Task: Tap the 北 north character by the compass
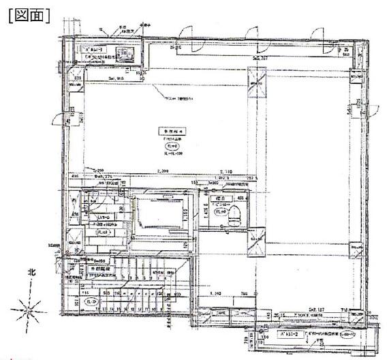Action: pos(30,272)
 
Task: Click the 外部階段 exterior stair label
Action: pos(100,270)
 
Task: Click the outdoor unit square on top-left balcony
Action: pos(125,54)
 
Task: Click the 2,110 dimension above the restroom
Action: pos(226,172)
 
